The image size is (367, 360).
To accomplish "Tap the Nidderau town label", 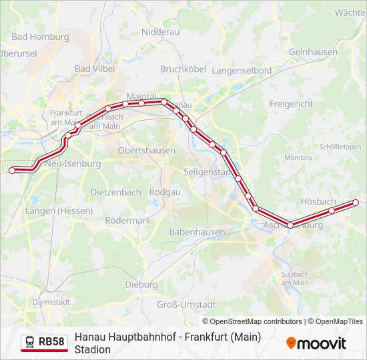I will pyautogui.click(x=160, y=31).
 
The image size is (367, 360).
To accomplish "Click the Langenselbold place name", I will pyautogui.click(x=241, y=70).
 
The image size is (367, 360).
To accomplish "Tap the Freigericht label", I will pyautogui.click(x=291, y=104).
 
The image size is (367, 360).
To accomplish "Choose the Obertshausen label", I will pyautogui.click(x=146, y=151).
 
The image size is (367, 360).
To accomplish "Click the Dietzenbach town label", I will pyautogui.click(x=115, y=192).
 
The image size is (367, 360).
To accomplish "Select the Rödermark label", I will pyautogui.click(x=128, y=220).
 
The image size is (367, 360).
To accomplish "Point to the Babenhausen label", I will pyautogui.click(x=197, y=232).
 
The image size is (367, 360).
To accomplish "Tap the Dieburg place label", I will pyautogui.click(x=141, y=285).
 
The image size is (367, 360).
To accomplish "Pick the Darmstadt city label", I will pyautogui.click(x=51, y=301).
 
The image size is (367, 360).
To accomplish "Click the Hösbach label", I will pyautogui.click(x=318, y=201).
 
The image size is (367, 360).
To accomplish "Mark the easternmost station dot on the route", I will pyautogui.click(x=355, y=203).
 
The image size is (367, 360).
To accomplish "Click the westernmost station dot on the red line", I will pyautogui.click(x=11, y=171).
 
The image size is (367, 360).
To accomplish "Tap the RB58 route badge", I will pyautogui.click(x=45, y=343).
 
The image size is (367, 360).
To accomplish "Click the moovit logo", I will pyautogui.click(x=316, y=343).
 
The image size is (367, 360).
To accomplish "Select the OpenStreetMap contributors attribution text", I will pyautogui.click(x=252, y=321).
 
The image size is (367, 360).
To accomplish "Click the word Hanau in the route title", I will pyautogui.click(x=90, y=337).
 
